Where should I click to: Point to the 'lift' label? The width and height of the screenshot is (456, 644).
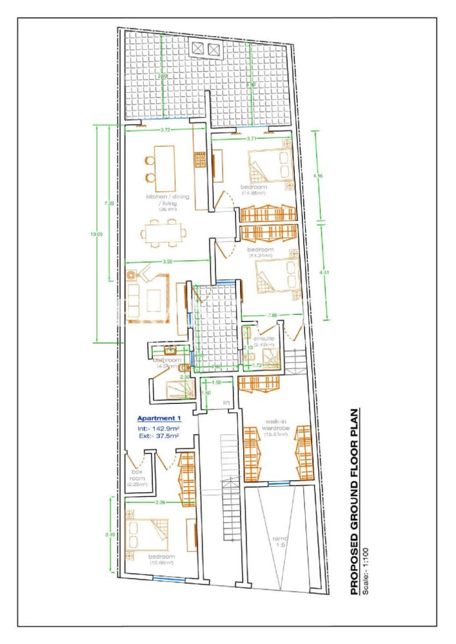226,403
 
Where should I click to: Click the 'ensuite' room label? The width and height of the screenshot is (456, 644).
263,339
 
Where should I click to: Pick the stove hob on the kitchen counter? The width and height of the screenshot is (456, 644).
200,157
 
